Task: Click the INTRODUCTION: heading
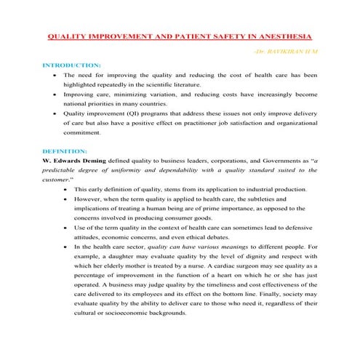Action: pos(72,64)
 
